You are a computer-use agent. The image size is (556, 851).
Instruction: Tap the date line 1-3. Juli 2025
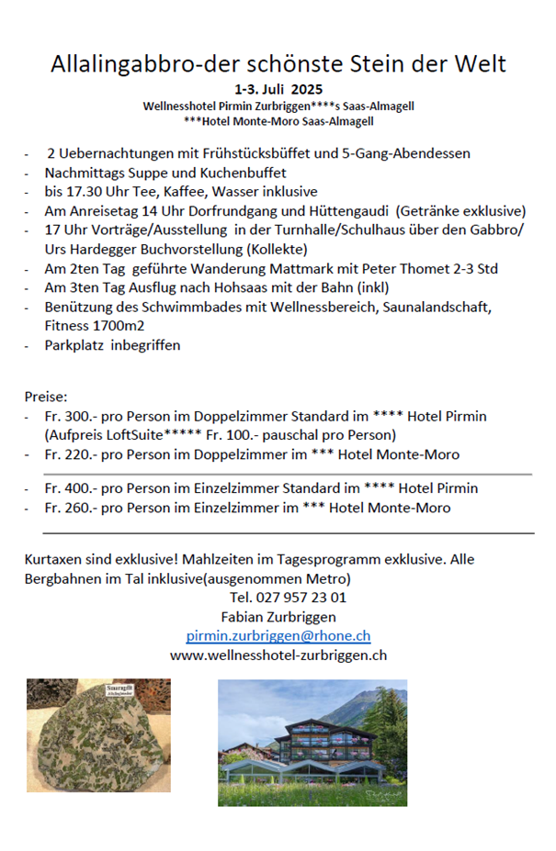[278, 90]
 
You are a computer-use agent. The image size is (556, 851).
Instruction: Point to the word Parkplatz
[74, 345]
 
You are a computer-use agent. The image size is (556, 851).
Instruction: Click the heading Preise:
[46, 398]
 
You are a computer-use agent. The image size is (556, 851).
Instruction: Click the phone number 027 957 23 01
[288, 597]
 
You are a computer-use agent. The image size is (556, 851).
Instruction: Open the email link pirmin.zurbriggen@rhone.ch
[278, 635]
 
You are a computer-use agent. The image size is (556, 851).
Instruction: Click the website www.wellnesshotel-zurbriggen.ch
[278, 655]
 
